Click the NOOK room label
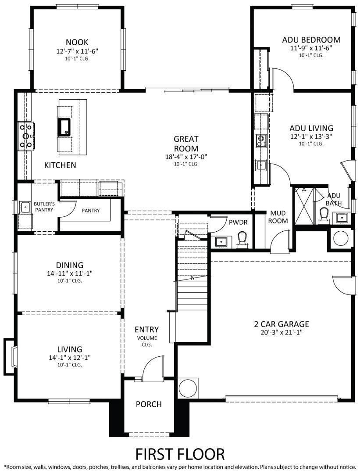pos(77,42)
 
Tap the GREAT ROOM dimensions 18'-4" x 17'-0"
pos(186,156)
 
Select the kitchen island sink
pos(64,126)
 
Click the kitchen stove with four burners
pos(26,136)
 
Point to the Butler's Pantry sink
pos(25,206)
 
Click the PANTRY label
pos(91,211)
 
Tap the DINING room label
pos(69,265)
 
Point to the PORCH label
pos(149,404)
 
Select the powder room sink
pos(221,241)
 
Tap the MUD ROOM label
pos(278,217)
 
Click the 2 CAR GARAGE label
pos(282,324)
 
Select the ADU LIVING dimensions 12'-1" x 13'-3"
pos(311,136)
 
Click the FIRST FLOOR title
pos(180,454)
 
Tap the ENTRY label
pos(146,330)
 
